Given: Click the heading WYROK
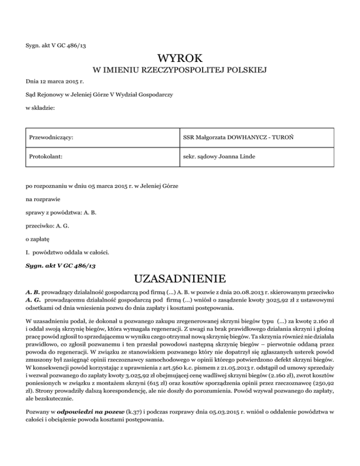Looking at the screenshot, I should coord(180,59).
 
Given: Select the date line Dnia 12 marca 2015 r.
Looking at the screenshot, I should coord(52,82).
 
